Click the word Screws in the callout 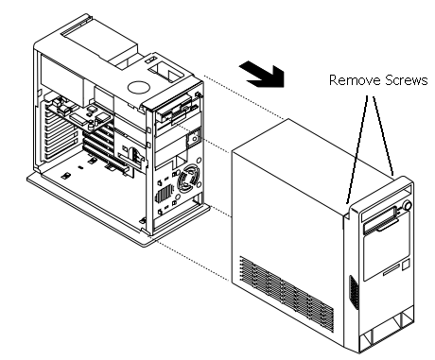(x=406, y=80)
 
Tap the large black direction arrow (x=262, y=75)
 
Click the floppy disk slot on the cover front (x=380, y=223)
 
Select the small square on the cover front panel (x=406, y=264)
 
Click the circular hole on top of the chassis (x=138, y=87)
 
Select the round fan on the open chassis (x=188, y=180)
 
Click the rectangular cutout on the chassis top (x=165, y=72)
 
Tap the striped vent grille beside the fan (x=164, y=193)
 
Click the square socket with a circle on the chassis (x=194, y=138)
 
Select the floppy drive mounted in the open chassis (x=177, y=111)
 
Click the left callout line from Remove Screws (x=357, y=150)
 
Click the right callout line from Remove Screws (x=383, y=136)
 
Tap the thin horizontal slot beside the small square (x=391, y=270)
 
